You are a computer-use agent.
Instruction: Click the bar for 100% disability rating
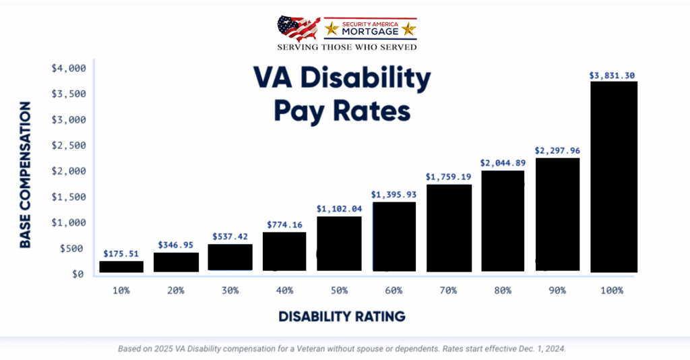pyautogui.click(x=613, y=177)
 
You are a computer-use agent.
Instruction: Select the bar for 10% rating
pyautogui.click(x=121, y=266)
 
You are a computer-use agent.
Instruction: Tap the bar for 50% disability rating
pyautogui.click(x=339, y=243)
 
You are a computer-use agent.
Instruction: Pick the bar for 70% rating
pyautogui.click(x=449, y=228)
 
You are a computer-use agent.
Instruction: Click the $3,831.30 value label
pyautogui.click(x=613, y=75)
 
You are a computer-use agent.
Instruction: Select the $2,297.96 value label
pyautogui.click(x=558, y=150)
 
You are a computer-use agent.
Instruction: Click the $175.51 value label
pyautogui.click(x=121, y=253)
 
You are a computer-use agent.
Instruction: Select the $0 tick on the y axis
pyautogui.click(x=77, y=274)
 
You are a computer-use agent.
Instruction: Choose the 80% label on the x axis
pyautogui.click(x=503, y=291)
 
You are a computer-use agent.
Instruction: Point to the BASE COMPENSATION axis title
pyautogui.click(x=26, y=175)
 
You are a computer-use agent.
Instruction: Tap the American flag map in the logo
pyautogui.click(x=299, y=28)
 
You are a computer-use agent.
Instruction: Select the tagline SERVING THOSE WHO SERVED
pyautogui.click(x=347, y=47)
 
